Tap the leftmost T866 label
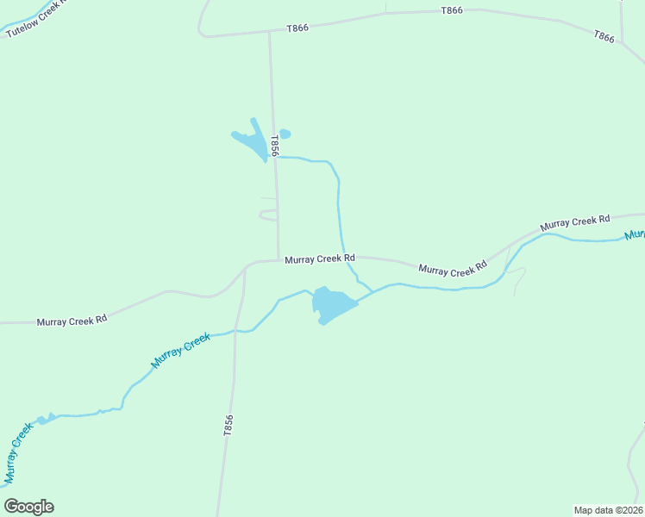297,28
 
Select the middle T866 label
452,10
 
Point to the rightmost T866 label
604,36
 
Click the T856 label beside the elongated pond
275,145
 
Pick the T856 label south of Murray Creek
228,426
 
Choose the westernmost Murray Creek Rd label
72,320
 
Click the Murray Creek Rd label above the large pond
320,258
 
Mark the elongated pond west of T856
253,140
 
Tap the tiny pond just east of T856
285,134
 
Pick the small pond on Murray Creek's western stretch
45,419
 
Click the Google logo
29,507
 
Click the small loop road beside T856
268,214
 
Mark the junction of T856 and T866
270,33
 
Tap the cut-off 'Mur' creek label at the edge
635,234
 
